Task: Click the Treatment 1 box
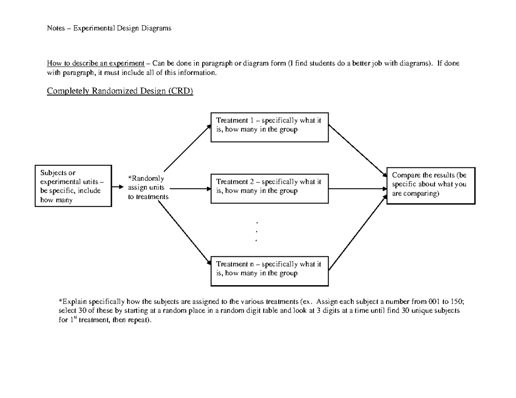click(x=270, y=127)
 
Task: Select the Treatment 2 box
click(x=270, y=188)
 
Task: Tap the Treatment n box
click(x=270, y=271)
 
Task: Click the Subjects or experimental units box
click(x=73, y=186)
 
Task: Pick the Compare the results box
click(x=431, y=185)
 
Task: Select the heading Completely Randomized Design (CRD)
click(x=120, y=91)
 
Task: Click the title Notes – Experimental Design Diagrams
click(x=109, y=28)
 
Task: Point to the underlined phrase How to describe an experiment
click(x=95, y=64)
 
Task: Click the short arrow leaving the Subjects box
click(x=117, y=187)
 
